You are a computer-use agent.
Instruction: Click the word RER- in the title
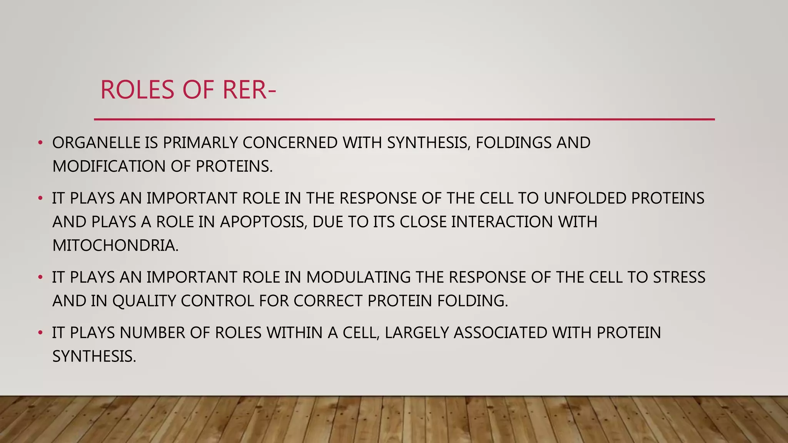coord(249,90)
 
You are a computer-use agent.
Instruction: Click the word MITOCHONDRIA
coord(115,246)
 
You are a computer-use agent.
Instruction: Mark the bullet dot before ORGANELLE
coord(40,143)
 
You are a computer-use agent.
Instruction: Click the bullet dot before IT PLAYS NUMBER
coord(40,333)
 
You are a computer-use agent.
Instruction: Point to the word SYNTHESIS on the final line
coord(94,356)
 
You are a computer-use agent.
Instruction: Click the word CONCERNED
coord(290,143)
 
